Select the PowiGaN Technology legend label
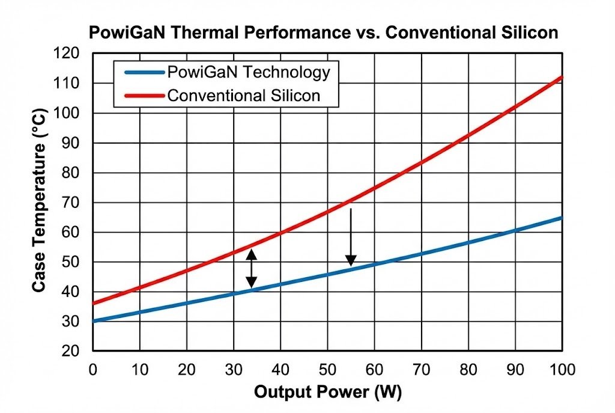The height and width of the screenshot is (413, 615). pos(248,73)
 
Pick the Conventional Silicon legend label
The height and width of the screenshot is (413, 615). pos(243,95)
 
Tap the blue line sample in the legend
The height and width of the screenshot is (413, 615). pos(144,73)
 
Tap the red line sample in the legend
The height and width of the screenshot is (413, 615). pos(144,96)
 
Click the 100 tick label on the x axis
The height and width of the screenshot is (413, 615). pos(562,369)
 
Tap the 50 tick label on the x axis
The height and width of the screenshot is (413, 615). pos(327,369)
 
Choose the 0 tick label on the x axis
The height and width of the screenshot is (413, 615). pos(93,369)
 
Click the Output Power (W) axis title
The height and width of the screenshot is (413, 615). pos(327,393)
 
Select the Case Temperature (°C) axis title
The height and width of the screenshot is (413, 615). pos(40,202)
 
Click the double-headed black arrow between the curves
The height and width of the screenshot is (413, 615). pos(252,268)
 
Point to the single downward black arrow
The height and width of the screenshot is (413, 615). pos(351,237)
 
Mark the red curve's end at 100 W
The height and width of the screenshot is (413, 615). pos(562,77)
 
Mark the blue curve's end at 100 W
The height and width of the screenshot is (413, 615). pos(562,218)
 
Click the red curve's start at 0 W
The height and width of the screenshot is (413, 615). pos(94,303)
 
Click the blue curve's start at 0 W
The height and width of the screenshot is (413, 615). pos(94,321)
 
